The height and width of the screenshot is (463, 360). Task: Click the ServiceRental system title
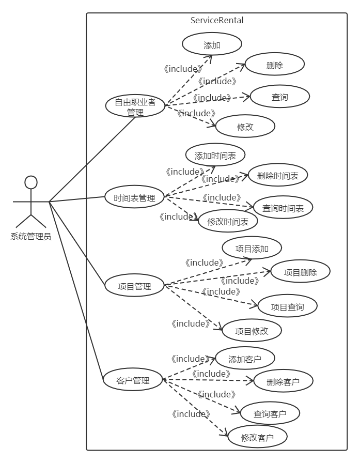tap(217, 21)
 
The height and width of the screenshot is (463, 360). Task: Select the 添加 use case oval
tap(212, 45)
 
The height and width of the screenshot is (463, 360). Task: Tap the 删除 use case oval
tap(274, 65)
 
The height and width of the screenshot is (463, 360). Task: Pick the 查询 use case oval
tap(279, 97)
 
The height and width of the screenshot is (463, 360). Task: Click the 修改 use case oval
tap(245, 127)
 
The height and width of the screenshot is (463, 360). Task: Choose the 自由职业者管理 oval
tap(135, 106)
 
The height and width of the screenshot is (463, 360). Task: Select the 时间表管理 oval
tap(134, 198)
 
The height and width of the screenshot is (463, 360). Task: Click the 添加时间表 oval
tap(215, 156)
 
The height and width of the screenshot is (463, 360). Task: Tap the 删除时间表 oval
tap(278, 176)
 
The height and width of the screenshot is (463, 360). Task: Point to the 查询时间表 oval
tap(283, 208)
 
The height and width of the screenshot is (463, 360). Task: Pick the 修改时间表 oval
tap(228, 221)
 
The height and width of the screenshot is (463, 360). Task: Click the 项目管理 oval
tap(134, 286)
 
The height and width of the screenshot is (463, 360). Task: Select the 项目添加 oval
tap(252, 249)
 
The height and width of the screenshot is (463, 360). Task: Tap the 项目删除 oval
tap(301, 272)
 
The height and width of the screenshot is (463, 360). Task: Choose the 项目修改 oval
tap(252, 331)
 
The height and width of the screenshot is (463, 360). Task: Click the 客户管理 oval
tap(133, 381)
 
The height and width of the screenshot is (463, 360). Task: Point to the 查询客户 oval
tap(270, 413)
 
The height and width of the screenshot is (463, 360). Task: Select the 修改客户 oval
tap(257, 438)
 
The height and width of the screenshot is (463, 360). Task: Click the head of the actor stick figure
tap(31, 182)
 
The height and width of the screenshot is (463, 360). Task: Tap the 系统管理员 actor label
tap(31, 237)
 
